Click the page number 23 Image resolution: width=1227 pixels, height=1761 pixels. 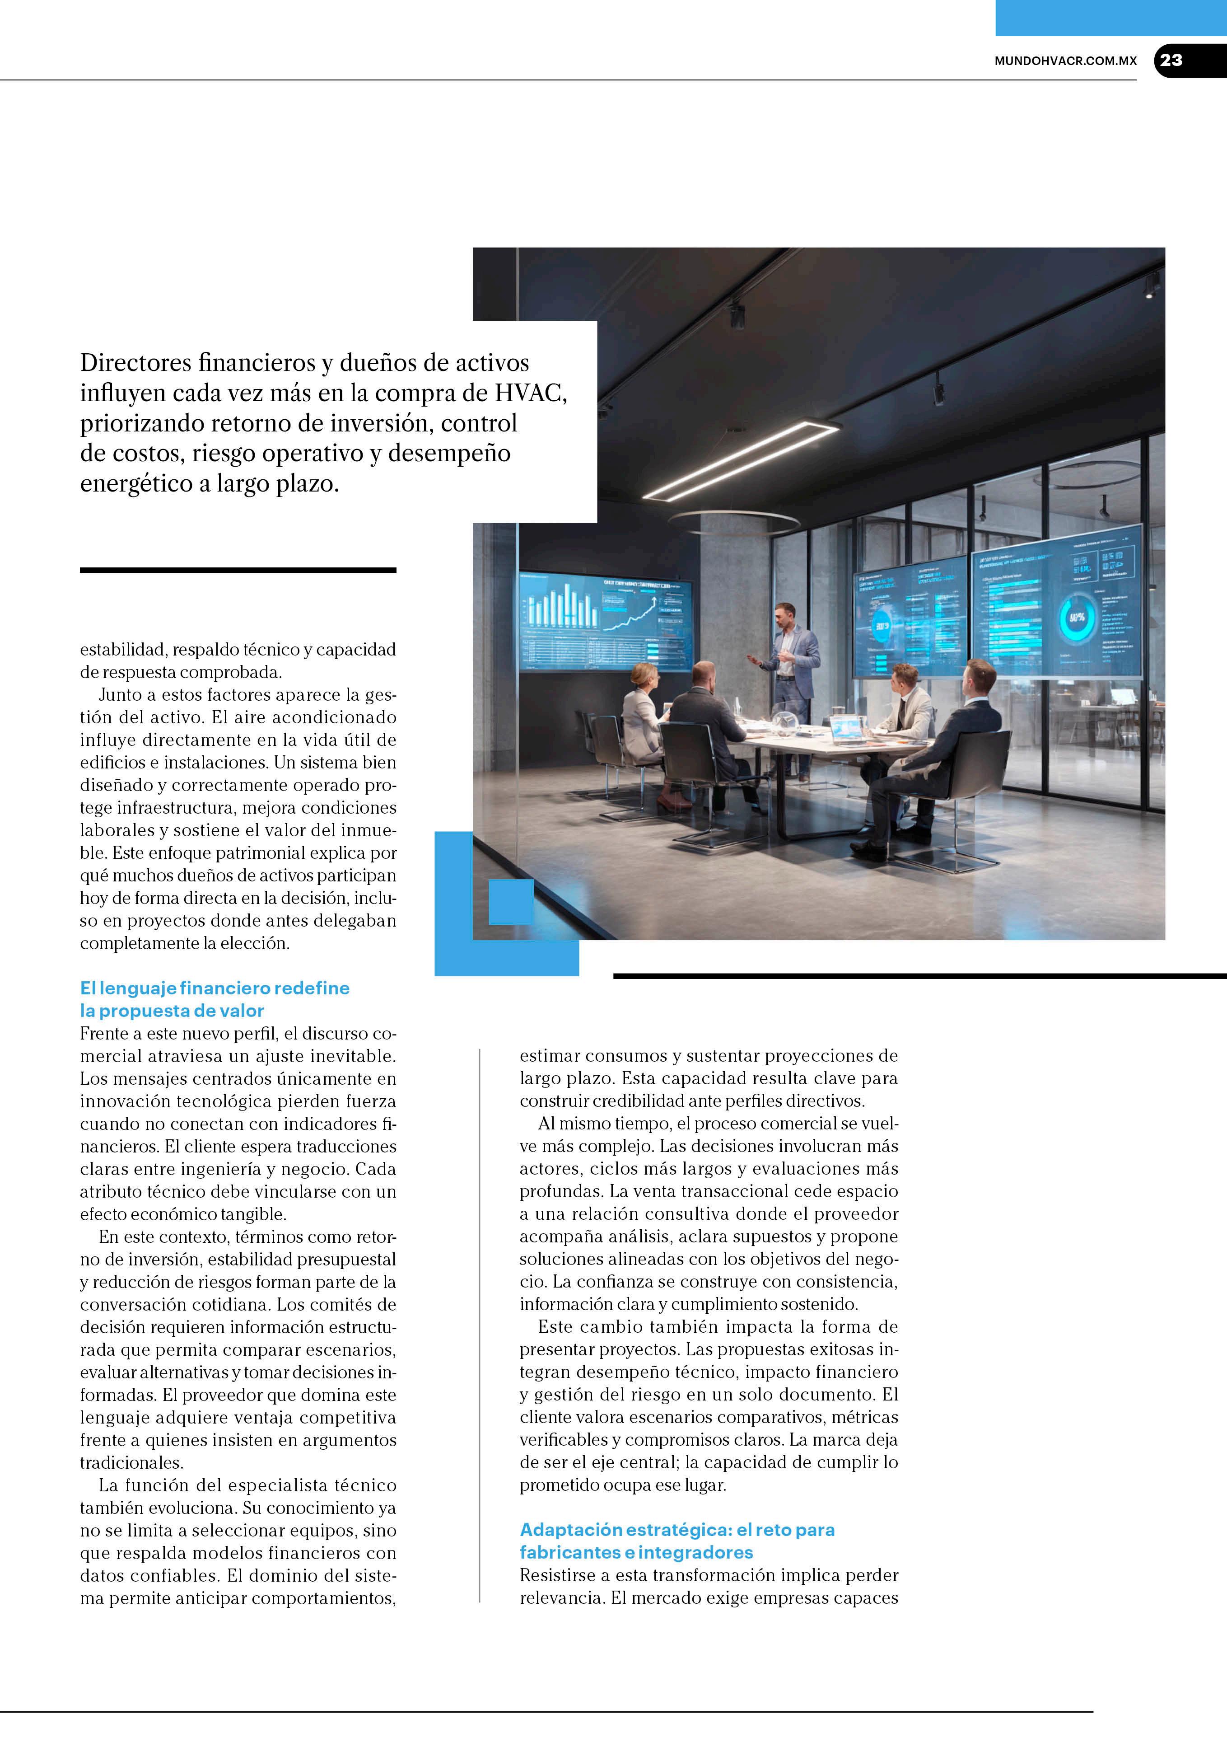1171,61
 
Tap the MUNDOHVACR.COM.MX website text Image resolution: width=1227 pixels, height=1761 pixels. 1065,61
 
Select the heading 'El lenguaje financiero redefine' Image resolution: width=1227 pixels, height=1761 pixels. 215,988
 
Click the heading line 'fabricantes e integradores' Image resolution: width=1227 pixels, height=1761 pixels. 636,1552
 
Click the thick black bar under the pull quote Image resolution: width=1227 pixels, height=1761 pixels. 238,570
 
